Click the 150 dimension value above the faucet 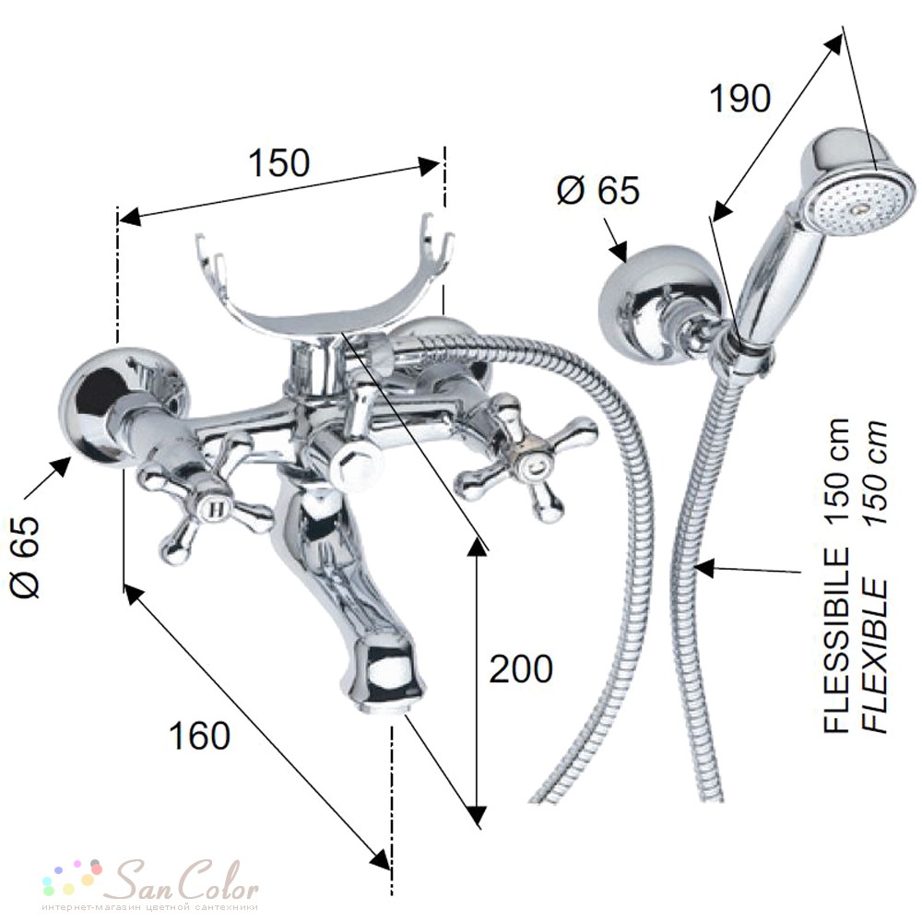tap(279, 163)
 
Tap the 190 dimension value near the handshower tap(739, 99)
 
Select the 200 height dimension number tap(521, 668)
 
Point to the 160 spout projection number tap(200, 735)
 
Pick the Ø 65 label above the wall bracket tap(598, 190)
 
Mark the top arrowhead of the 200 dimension tap(478, 546)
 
